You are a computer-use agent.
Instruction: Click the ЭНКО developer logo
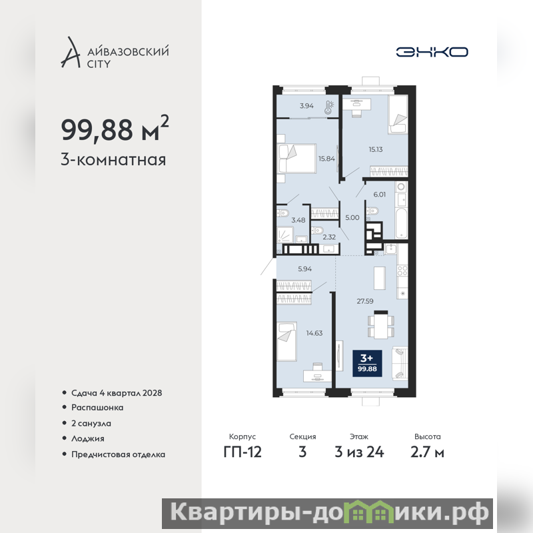click(432, 52)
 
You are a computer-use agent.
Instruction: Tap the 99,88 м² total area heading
click(115, 129)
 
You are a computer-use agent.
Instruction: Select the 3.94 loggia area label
click(306, 106)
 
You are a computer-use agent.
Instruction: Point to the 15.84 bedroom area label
click(326, 159)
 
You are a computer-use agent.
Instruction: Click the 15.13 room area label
click(376, 149)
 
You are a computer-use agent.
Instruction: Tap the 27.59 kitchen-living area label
click(364, 301)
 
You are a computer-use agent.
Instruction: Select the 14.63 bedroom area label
click(314, 333)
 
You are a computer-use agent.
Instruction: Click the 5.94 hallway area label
click(304, 269)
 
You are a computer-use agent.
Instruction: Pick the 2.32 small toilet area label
click(329, 237)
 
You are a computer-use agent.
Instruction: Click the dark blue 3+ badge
click(367, 363)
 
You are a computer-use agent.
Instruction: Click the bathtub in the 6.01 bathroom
click(402, 223)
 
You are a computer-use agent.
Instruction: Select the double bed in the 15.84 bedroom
click(297, 159)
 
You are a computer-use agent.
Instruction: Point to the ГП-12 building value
click(243, 452)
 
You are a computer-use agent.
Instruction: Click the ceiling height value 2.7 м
click(427, 452)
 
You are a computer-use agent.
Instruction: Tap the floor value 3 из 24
click(359, 452)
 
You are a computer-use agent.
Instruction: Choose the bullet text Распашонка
click(97, 408)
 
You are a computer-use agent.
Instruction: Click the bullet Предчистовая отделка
click(118, 454)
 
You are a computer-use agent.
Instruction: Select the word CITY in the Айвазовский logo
click(99, 64)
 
